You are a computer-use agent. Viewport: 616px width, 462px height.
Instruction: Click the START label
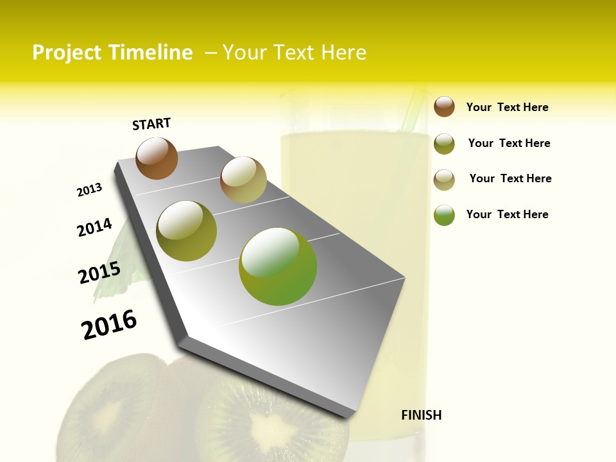tap(151, 124)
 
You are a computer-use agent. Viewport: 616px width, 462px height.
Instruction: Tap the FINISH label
tap(421, 415)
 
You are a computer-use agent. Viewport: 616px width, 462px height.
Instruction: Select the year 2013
tap(89, 190)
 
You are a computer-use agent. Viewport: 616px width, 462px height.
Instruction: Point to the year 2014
tap(94, 227)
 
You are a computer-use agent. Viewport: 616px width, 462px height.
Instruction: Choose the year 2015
tap(99, 273)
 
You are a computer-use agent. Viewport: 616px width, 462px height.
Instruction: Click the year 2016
tap(109, 324)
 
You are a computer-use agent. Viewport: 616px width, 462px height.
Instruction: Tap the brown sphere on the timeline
tap(157, 158)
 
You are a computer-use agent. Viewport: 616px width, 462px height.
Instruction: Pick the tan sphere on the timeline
tap(243, 179)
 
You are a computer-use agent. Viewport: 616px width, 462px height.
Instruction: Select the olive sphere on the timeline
tap(187, 231)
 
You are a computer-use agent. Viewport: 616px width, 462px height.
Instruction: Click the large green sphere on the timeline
tap(278, 266)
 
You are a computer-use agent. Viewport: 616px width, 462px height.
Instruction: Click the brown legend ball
tap(444, 107)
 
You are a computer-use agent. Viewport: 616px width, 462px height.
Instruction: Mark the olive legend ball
tap(444, 144)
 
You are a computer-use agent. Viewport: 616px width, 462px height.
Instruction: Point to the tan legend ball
tap(444, 180)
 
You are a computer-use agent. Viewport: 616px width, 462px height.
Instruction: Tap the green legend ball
tap(444, 215)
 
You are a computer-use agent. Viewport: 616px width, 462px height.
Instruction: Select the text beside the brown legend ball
tap(507, 107)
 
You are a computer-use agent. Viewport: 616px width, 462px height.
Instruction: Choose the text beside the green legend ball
tap(507, 214)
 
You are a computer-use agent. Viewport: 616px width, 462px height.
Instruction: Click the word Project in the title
tap(66, 53)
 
